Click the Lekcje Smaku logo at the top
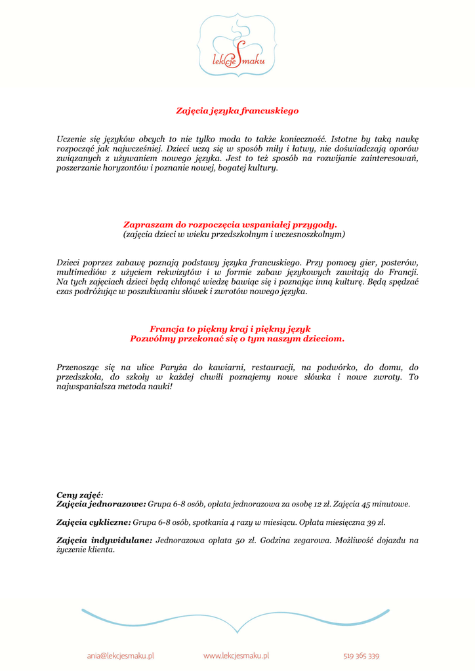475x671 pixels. (x=237, y=45)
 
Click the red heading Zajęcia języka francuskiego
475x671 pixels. (x=237, y=111)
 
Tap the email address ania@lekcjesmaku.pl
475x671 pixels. (x=120, y=655)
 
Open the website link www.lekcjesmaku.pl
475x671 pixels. (x=236, y=655)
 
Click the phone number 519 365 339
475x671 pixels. (x=361, y=655)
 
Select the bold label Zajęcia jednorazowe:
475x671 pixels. (x=101, y=505)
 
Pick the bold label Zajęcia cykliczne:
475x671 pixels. (x=94, y=523)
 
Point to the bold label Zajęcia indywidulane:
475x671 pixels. (x=104, y=541)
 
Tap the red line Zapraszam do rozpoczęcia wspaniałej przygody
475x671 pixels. (x=230, y=224)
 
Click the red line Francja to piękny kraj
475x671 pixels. (x=230, y=329)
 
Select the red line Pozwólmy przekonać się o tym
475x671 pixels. (x=237, y=339)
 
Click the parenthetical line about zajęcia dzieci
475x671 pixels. (x=234, y=233)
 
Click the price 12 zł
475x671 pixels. (x=318, y=505)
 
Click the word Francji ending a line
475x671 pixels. (x=405, y=272)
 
